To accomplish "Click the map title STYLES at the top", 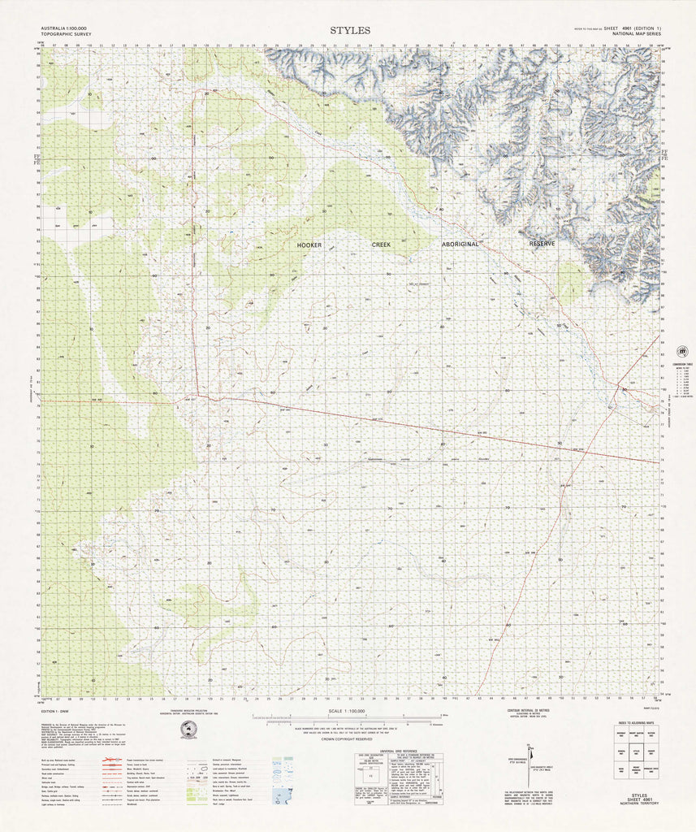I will (350, 30).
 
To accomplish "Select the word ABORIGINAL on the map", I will (462, 245).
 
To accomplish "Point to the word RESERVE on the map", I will (542, 244).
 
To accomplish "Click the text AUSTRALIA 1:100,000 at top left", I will (62, 29).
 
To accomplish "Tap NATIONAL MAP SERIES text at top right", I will (637, 34).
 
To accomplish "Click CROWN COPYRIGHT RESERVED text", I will (347, 739).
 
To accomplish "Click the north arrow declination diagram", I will (530, 760).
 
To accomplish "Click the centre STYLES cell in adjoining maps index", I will (637, 752).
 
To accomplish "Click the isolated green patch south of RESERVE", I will (572, 283).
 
